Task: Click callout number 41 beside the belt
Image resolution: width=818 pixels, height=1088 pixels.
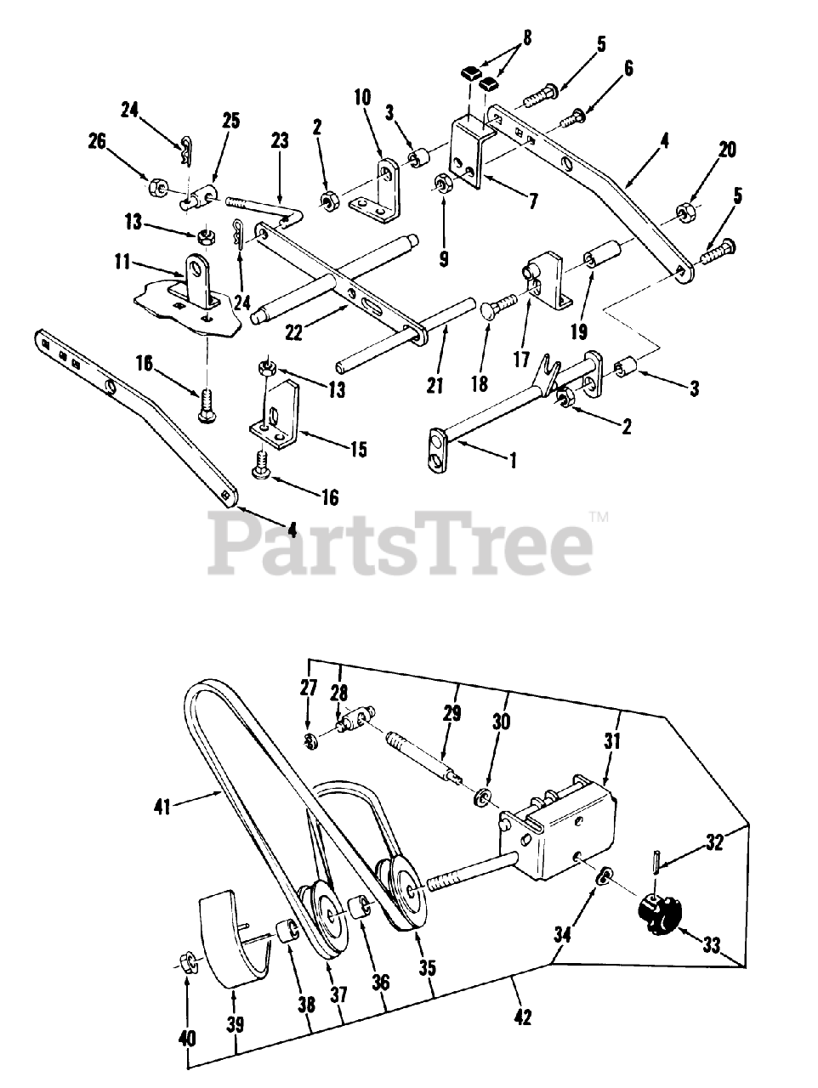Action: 163,804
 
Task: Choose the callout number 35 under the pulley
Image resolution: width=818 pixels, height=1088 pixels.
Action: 428,967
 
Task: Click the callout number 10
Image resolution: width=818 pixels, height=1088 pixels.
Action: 363,98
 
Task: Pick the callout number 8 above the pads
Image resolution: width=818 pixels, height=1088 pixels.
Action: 504,37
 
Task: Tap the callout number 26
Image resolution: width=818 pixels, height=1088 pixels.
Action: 120,144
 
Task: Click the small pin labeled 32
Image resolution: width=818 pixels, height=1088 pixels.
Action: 659,859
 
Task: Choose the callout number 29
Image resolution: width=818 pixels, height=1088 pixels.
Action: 452,711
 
